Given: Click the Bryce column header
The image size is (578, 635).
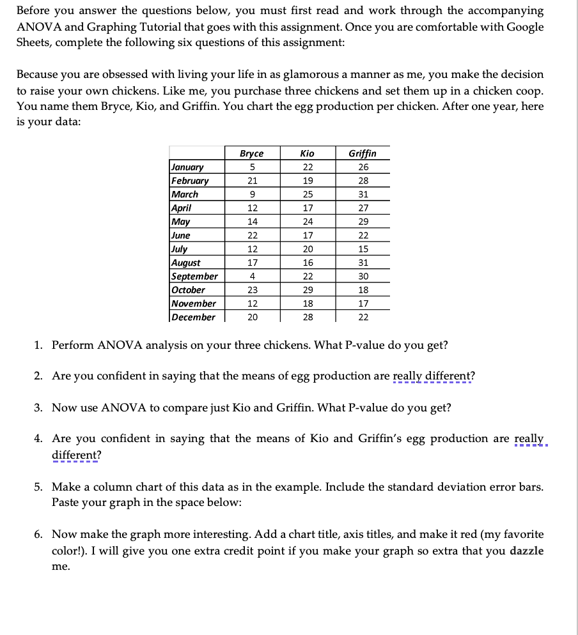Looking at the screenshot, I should [x=251, y=153].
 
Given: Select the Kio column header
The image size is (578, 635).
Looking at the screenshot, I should [x=307, y=153].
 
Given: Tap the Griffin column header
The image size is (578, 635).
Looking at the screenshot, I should [x=363, y=153].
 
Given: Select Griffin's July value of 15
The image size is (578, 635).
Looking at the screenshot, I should [x=363, y=249].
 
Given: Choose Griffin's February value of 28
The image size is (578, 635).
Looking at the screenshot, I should [x=363, y=181].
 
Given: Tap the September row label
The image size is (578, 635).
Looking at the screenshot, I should [x=194, y=277].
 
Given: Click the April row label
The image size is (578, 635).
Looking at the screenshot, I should [x=181, y=208].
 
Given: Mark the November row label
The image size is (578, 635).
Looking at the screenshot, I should [x=193, y=304].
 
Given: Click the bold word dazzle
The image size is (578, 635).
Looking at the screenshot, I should [x=527, y=551].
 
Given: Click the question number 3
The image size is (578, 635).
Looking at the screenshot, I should [x=38, y=408].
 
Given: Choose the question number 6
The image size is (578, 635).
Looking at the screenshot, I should [x=38, y=534].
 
